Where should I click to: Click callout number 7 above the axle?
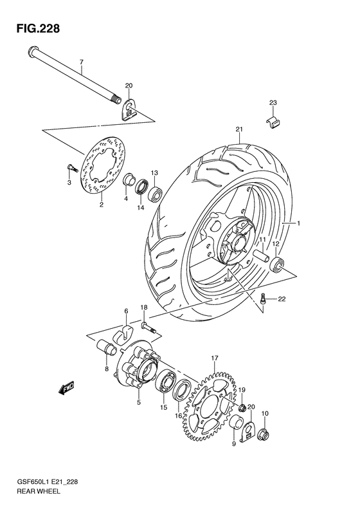pos(82,62)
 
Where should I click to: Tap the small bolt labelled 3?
pos(71,169)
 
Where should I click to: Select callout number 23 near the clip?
pos(273,102)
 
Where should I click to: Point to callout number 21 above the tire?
pos(239,129)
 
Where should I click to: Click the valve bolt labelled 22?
pos(265,298)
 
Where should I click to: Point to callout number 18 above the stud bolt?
pos(145,308)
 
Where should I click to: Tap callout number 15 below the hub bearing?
pos(163,407)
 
